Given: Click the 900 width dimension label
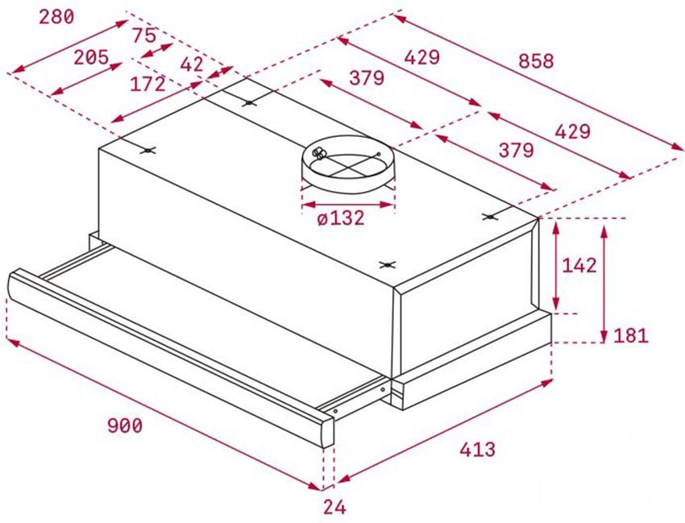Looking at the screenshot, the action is (x=125, y=425).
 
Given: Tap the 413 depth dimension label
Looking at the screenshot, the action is (x=478, y=449).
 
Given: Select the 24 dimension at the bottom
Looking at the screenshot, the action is (x=334, y=507).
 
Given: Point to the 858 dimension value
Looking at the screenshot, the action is (x=536, y=60).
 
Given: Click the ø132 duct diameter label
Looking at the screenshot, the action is (x=341, y=218).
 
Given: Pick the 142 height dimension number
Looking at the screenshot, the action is (x=579, y=265).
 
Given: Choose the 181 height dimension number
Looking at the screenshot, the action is (x=631, y=335).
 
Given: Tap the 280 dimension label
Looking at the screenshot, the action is (x=56, y=17).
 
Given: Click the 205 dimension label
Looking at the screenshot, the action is (x=91, y=57).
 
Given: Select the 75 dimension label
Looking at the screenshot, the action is (x=144, y=35).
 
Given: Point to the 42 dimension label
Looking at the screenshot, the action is (x=193, y=64).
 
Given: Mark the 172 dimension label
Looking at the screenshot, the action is (x=148, y=84).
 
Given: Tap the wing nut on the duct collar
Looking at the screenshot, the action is (x=318, y=153).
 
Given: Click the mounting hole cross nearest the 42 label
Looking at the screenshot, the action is (x=248, y=103).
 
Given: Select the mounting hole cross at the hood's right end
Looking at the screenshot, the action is (x=490, y=217).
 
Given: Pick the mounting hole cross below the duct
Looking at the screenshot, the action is (x=387, y=264).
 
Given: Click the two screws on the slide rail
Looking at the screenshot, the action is (x=359, y=400).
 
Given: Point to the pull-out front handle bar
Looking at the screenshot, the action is (x=171, y=357).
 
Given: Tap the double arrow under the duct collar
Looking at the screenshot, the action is (x=348, y=205).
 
